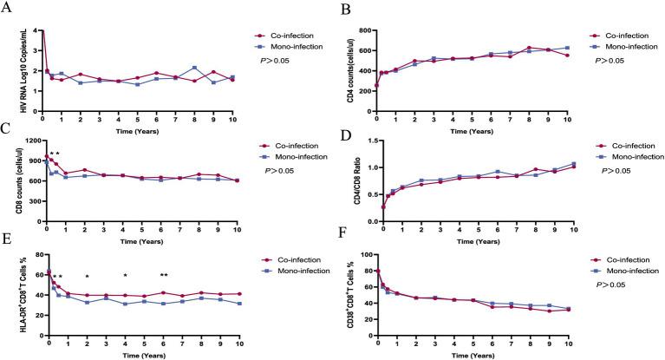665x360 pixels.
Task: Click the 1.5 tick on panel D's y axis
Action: (x=368, y=141)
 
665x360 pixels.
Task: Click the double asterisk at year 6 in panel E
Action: (x=164, y=276)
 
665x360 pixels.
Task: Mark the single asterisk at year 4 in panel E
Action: (x=126, y=277)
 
